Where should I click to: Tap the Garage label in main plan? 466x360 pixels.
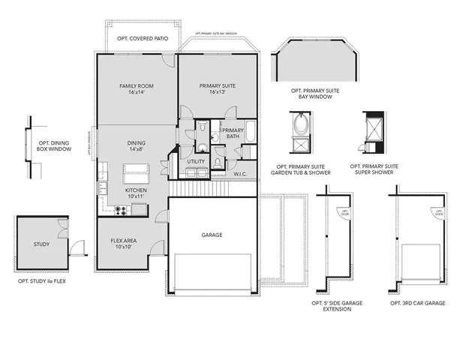click(212, 235)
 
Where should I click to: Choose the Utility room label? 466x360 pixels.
click(196, 161)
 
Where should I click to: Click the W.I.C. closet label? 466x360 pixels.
click(240, 175)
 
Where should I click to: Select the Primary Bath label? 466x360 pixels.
click(230, 133)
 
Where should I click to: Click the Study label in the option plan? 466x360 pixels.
click(41, 244)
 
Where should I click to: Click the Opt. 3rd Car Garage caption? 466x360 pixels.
click(417, 302)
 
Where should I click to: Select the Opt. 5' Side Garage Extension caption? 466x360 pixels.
click(336, 305)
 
